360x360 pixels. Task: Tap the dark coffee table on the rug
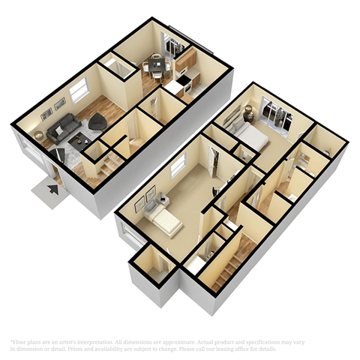click(79, 139)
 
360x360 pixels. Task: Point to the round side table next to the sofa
click(39, 136)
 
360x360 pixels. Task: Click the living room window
click(77, 91)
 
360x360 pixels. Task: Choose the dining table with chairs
click(156, 66)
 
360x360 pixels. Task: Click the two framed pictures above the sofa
click(52, 109)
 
